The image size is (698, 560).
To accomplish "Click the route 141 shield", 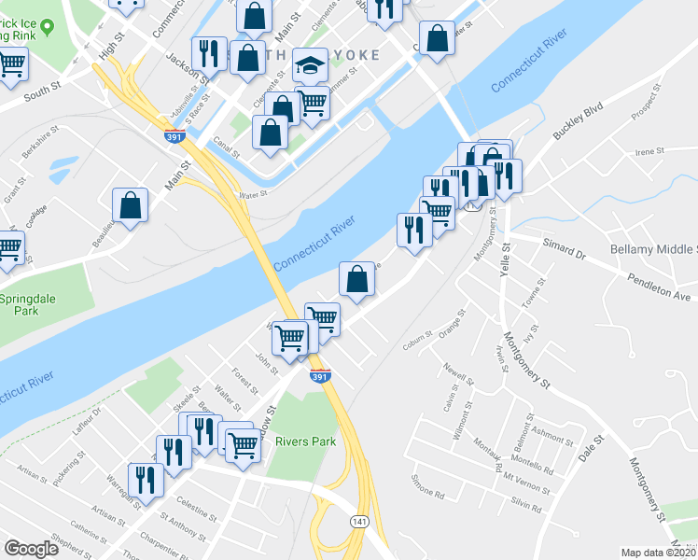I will click(x=358, y=520).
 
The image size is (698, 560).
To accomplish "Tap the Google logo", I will click(x=31, y=549).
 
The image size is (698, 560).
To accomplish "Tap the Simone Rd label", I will click(x=427, y=487).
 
